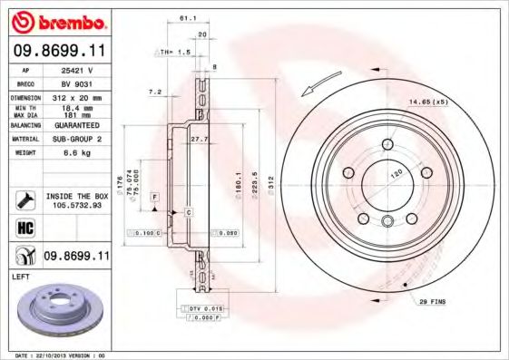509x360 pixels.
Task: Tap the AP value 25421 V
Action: pos(77,69)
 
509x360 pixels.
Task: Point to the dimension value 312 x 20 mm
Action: pos(78,96)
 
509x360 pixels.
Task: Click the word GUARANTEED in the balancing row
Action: pos(78,127)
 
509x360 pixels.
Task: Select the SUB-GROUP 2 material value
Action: pos(78,140)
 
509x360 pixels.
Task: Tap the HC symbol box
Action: pos(25,227)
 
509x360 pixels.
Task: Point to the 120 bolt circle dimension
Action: pos(396,171)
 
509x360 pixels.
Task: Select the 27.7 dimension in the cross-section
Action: pos(201,138)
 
